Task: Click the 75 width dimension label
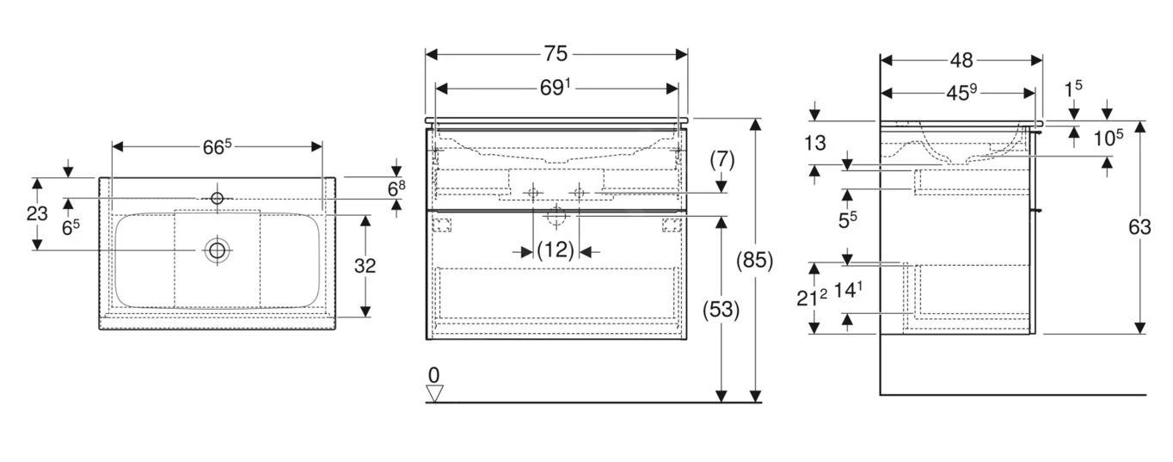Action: (556, 53)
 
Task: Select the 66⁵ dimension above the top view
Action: (217, 146)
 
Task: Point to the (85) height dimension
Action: (755, 259)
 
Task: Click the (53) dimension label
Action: (721, 309)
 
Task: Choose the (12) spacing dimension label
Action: (555, 251)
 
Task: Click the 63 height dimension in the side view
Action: (1139, 227)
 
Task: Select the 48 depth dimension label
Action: (961, 60)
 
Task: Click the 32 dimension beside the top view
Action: (365, 266)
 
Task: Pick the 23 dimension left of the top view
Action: (37, 213)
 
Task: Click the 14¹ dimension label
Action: (847, 291)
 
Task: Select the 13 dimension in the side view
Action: (814, 143)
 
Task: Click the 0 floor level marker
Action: (433, 375)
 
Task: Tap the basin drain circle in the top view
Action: (217, 250)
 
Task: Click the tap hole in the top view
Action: (217, 199)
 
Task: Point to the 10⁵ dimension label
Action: (1109, 137)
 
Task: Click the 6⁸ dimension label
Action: (396, 188)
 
